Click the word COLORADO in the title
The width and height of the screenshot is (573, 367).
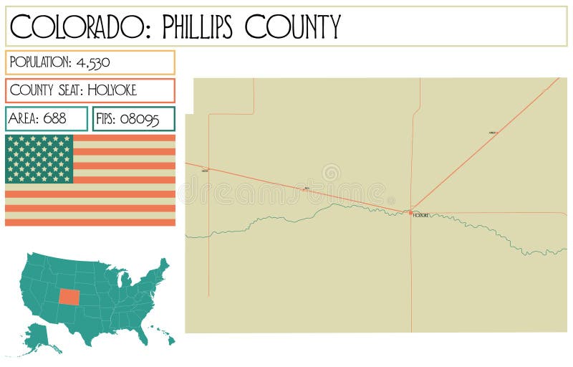pos(80,27)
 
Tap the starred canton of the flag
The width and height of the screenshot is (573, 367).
pos(39,158)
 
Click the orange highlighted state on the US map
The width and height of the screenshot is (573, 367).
pos(70,297)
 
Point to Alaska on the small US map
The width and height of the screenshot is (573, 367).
pos(39,338)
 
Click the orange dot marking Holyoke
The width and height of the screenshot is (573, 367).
pos(410,212)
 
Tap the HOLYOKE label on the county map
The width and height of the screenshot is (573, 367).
pos(421,216)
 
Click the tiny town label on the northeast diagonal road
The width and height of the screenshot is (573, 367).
pos(492,133)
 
